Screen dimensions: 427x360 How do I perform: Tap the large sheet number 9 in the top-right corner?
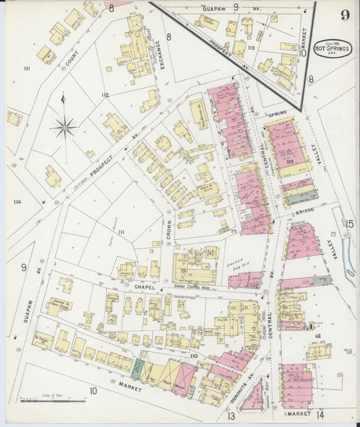click(344, 15)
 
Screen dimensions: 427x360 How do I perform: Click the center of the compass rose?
click(65, 126)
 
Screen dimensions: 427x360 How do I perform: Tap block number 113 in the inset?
click(251, 48)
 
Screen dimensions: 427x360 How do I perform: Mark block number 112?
click(104, 95)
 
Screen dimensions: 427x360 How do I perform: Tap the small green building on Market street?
click(138, 368)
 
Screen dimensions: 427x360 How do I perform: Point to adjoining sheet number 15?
click(349, 224)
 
